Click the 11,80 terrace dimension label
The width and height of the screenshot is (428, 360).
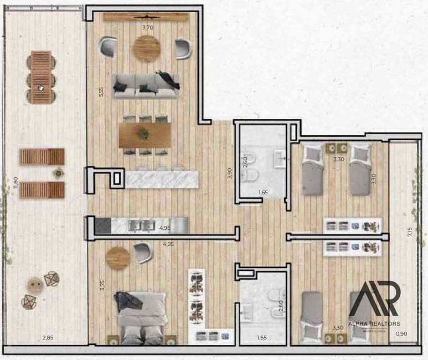(16, 183)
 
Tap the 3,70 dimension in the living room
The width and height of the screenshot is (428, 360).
(148, 27)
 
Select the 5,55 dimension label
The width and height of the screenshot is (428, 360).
(101, 92)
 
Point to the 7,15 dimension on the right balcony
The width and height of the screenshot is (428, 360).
(409, 232)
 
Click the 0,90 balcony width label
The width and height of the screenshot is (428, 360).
(401, 333)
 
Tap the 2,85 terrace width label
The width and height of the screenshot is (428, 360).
(48, 338)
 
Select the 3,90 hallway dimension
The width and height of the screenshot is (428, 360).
(229, 173)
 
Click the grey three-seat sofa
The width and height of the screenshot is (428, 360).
(146, 85)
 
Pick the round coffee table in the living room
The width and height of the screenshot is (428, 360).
(146, 48)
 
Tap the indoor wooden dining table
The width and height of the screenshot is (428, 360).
(145, 135)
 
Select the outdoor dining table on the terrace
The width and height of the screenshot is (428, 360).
(41, 77)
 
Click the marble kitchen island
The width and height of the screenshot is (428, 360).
(162, 179)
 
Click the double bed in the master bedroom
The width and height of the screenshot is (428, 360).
(142, 318)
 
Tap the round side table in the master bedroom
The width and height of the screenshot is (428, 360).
(117, 258)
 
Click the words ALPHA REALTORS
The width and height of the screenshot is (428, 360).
(374, 323)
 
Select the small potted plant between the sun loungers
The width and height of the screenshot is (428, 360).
(58, 173)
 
